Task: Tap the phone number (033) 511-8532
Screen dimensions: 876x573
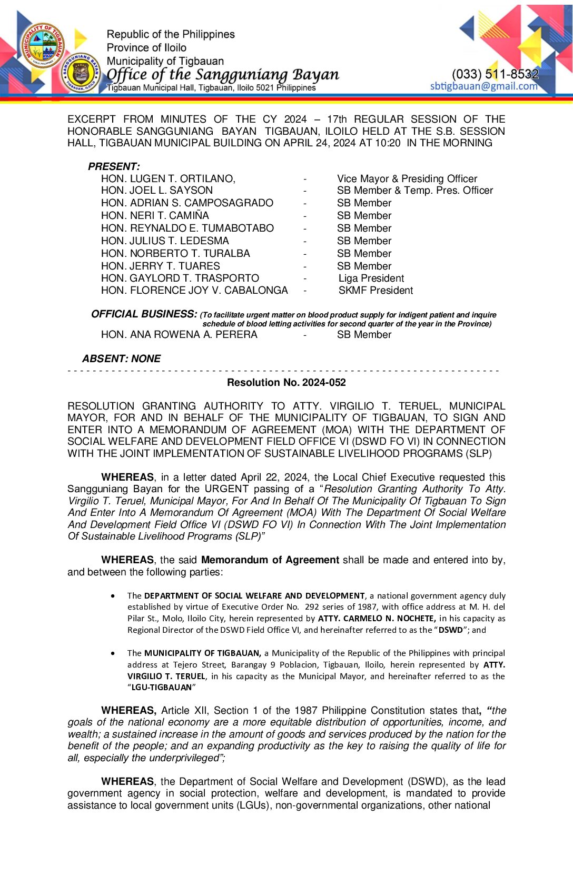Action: (x=495, y=74)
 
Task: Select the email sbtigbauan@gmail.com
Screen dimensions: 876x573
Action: (x=483, y=86)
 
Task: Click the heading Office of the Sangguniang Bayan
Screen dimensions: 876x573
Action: (x=223, y=74)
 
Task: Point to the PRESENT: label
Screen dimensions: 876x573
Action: (x=114, y=166)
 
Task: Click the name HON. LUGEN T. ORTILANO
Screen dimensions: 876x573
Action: (x=168, y=178)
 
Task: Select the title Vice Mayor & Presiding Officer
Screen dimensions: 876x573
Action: (x=407, y=178)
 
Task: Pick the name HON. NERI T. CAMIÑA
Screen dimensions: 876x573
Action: (x=155, y=215)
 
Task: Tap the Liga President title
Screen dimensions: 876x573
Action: (x=371, y=278)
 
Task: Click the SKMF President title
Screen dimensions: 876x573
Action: (x=376, y=290)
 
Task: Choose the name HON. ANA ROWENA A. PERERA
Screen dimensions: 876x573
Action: (x=179, y=334)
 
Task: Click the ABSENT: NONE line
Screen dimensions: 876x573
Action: (x=121, y=359)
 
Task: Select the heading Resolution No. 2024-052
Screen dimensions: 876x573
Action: (x=286, y=382)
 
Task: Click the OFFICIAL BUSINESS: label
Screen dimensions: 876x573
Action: (x=144, y=314)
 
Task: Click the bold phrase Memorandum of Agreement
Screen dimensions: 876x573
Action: (x=270, y=560)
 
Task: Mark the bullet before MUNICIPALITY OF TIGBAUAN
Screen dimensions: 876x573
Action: (x=113, y=653)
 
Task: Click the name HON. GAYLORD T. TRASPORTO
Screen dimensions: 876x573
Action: (x=180, y=278)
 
